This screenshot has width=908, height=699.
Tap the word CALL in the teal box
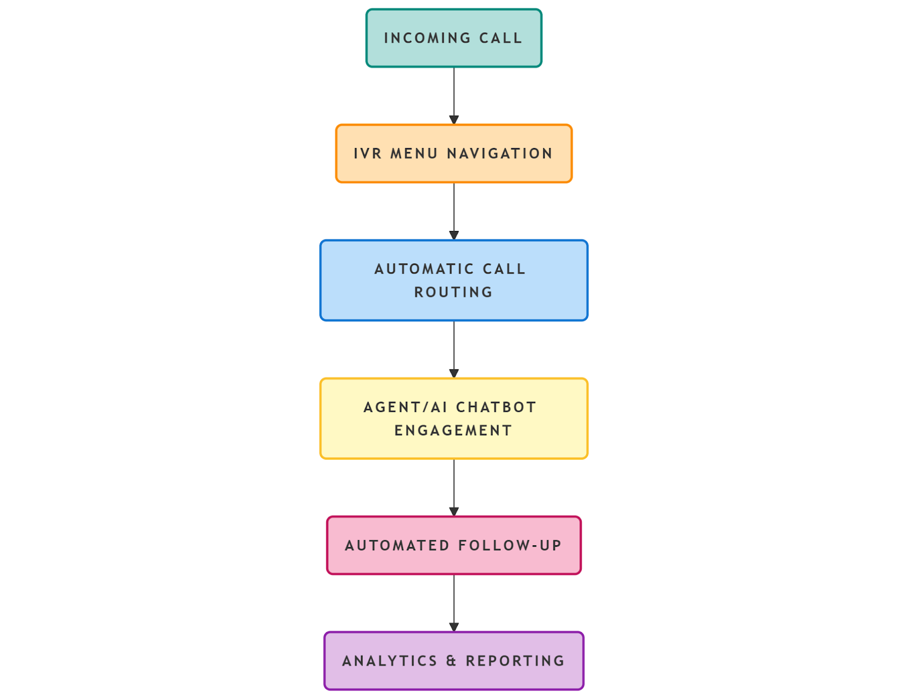pyautogui.click(x=501, y=38)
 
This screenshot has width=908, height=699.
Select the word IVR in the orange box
pyautogui.click(x=368, y=154)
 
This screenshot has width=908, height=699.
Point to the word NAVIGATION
pyautogui.click(x=499, y=154)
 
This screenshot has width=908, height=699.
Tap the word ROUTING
pyautogui.click(x=453, y=292)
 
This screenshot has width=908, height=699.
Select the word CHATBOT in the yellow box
pyautogui.click(x=496, y=407)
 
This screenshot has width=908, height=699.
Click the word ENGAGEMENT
pyautogui.click(x=453, y=431)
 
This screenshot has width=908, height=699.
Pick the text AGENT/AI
pyautogui.click(x=406, y=407)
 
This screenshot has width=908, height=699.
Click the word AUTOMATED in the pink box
pyautogui.click(x=397, y=546)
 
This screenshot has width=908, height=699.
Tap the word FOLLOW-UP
pyautogui.click(x=510, y=546)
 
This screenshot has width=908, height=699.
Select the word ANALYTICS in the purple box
pyautogui.click(x=390, y=661)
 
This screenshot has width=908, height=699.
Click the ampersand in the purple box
pyautogui.click(x=451, y=661)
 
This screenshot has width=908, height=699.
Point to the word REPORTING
pyautogui.click(x=515, y=661)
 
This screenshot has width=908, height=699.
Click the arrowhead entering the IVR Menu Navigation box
pyautogui.click(x=454, y=120)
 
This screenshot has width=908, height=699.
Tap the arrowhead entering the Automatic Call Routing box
pyautogui.click(x=454, y=235)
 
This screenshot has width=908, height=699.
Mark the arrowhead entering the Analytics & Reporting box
pyautogui.click(x=454, y=627)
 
